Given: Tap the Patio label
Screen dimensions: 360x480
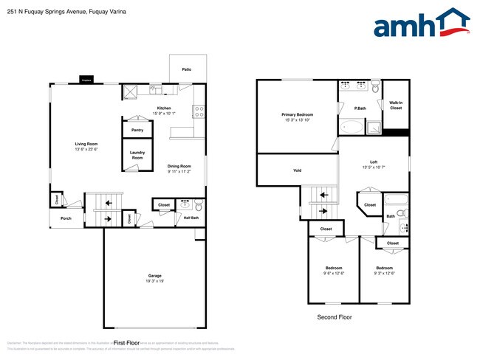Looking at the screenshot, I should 187,69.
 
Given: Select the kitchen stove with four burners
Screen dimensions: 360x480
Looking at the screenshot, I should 198,111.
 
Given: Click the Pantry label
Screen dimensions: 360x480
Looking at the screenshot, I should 137,130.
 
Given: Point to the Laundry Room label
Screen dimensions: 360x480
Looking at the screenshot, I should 137,155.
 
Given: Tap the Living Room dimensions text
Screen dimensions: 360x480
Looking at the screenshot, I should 87,149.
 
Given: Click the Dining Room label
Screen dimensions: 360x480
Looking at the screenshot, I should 179,166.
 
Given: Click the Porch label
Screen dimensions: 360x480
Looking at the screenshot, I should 66,219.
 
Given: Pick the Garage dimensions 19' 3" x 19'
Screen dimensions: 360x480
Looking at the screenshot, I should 154,281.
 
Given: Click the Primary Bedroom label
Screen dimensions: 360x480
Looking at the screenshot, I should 298,114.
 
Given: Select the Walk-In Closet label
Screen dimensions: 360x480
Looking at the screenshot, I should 396,105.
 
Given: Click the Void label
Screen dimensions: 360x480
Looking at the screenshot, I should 297,170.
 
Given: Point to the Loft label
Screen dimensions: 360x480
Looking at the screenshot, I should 374,162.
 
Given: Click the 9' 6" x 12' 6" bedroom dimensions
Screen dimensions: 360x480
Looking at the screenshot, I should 333,273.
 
